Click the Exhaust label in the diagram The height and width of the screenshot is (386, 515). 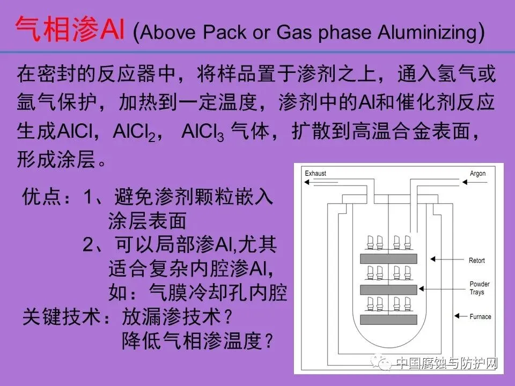click(x=315, y=174)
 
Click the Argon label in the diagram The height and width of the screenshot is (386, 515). click(x=477, y=174)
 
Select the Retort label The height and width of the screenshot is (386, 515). click(x=477, y=261)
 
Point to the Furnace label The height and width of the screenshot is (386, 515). click(x=480, y=316)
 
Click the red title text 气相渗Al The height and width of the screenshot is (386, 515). click(x=70, y=30)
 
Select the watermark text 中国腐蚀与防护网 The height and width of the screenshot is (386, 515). click(x=446, y=364)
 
